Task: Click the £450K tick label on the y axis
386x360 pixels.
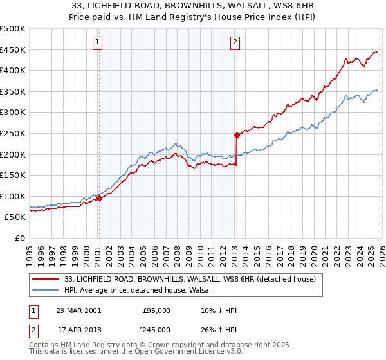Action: (13, 50)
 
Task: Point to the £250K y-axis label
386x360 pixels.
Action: (13, 133)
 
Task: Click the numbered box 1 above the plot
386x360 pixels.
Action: (97, 43)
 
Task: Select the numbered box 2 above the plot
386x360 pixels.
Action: (235, 43)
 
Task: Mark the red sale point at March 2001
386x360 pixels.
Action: (100, 199)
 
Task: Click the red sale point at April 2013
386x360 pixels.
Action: (237, 135)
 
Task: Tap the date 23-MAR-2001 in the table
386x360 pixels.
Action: (78, 310)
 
